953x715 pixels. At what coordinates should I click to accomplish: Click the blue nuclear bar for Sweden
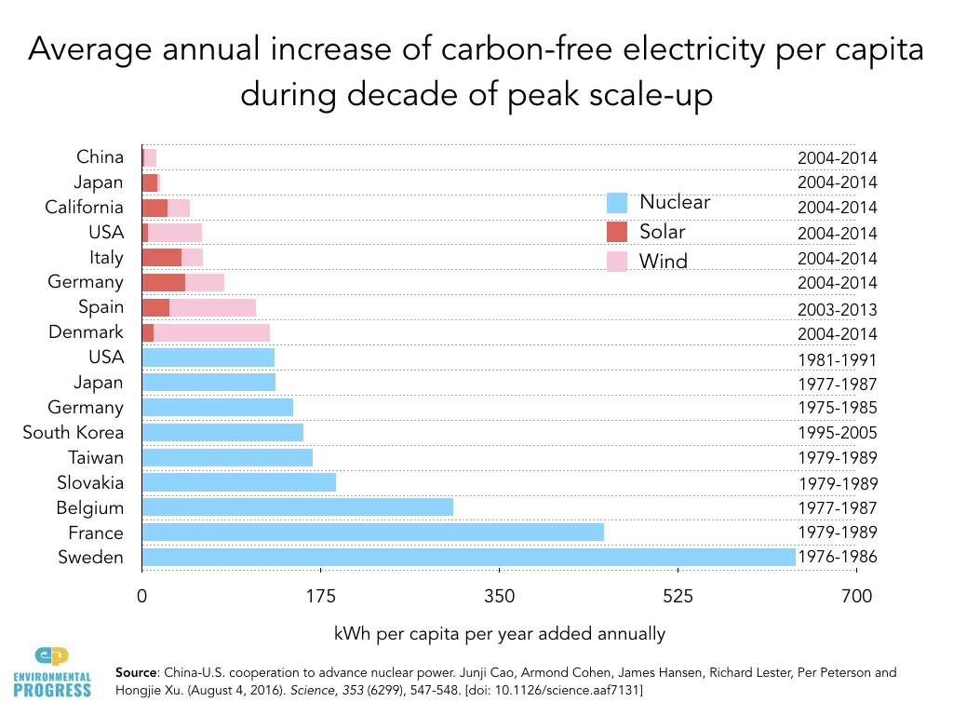[x=468, y=557]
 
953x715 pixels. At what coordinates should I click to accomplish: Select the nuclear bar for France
[x=372, y=532]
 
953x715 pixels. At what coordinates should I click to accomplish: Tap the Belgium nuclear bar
[x=297, y=506]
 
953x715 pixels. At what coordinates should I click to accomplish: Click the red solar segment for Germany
[x=163, y=282]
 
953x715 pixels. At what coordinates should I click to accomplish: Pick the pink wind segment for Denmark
[x=211, y=332]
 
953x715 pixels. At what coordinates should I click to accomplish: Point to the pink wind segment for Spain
[x=212, y=307]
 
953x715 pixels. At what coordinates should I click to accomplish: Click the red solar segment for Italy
[x=161, y=257]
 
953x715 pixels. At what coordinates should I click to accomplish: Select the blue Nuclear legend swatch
[x=617, y=202]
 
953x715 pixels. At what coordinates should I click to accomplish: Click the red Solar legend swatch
[x=617, y=232]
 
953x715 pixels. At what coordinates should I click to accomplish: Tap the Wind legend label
[x=664, y=261]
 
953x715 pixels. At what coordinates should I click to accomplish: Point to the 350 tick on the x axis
[x=500, y=596]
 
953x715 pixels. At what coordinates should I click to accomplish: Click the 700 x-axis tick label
[x=856, y=596]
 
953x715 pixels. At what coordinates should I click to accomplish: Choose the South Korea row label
[x=73, y=432]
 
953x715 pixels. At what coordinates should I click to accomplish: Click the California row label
[x=84, y=207]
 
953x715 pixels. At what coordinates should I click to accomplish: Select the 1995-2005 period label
[x=838, y=433]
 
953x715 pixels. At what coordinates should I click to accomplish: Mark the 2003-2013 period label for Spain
[x=838, y=310]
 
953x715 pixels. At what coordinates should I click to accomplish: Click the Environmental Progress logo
[x=52, y=670]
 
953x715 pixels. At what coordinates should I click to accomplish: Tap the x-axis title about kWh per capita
[x=500, y=634]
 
